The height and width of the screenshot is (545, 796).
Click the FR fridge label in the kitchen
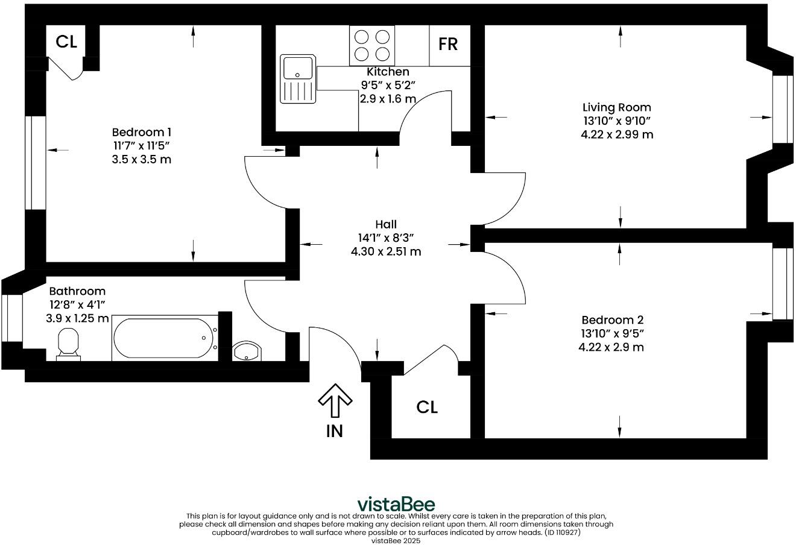(x=448, y=44)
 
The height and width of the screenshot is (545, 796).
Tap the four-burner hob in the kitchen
(x=371, y=45)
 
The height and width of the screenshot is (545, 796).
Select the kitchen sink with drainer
(x=297, y=79)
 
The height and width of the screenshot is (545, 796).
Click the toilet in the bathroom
(x=68, y=344)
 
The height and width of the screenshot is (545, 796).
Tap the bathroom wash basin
(x=247, y=351)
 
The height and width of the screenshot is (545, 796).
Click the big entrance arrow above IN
(x=335, y=402)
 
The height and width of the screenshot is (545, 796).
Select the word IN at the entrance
(x=334, y=431)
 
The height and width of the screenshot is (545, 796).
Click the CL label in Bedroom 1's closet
(x=66, y=42)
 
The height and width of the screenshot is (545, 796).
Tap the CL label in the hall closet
(x=427, y=408)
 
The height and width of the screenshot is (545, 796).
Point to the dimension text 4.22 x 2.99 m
(x=616, y=134)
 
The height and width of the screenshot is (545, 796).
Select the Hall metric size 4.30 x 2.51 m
(x=386, y=251)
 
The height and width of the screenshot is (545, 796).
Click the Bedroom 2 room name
(x=608, y=320)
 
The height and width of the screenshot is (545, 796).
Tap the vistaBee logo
(x=396, y=504)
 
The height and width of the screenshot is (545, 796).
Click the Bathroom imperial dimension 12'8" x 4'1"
(x=77, y=304)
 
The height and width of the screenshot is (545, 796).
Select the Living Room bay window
(x=783, y=109)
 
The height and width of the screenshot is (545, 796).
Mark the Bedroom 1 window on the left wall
(x=36, y=162)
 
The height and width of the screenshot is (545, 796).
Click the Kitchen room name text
(x=388, y=72)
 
